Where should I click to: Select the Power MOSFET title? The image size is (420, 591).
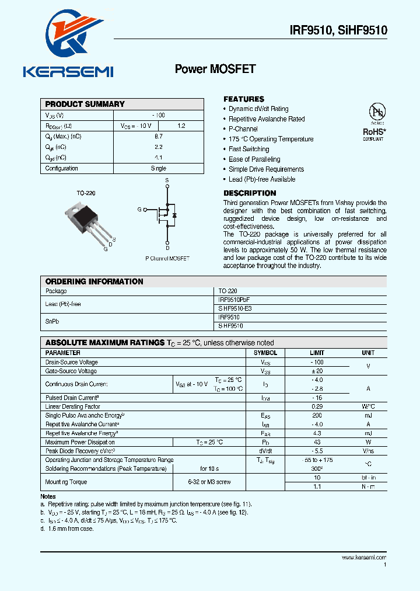[x=215, y=69]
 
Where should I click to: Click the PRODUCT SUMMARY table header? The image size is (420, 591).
[x=85, y=104]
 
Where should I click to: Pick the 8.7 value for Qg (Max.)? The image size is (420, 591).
[x=158, y=136]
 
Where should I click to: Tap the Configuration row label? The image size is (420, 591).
[x=62, y=168]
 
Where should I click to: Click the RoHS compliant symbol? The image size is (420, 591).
[x=374, y=123]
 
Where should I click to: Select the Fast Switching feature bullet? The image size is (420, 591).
[x=249, y=149]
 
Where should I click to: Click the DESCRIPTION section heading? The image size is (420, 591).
[x=250, y=193]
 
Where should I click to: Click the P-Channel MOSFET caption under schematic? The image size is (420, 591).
[x=167, y=258]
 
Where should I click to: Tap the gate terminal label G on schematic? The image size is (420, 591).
[x=139, y=209]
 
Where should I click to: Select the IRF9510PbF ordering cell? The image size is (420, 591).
[x=234, y=299]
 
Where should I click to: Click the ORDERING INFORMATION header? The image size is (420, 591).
[x=94, y=281]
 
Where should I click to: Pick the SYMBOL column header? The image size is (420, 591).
[x=265, y=353]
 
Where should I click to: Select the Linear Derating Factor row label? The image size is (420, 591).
[x=73, y=406]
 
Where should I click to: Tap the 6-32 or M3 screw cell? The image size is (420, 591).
[x=209, y=482]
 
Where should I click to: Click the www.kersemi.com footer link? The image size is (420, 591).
[x=363, y=558]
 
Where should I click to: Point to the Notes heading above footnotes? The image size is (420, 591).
[x=48, y=496]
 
